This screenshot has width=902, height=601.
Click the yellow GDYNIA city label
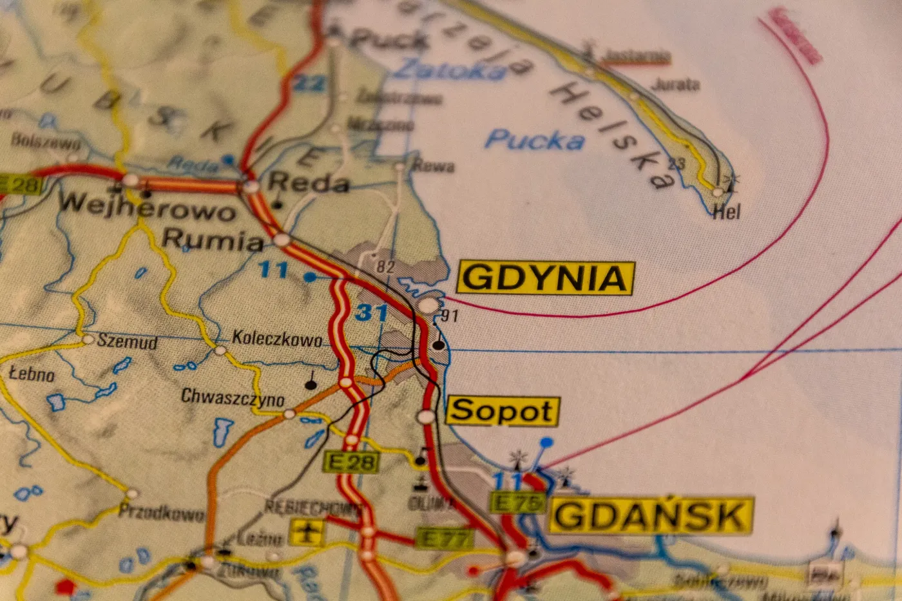coord(545,278)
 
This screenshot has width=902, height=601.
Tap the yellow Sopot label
coord(502,411)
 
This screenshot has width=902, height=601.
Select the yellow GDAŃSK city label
coord(650,515)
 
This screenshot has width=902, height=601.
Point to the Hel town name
coord(727,211)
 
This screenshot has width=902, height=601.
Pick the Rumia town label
coord(213,240)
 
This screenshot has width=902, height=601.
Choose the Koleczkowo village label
coord(277,338)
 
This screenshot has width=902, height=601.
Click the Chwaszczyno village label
coord(233,397)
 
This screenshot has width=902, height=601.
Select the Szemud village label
coord(127,341)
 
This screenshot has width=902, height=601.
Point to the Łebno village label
coord(32,373)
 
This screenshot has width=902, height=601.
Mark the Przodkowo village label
coord(162,513)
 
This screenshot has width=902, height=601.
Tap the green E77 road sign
coord(445,539)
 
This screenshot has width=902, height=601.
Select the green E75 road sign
coord(517,502)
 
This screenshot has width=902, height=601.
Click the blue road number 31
coord(372,313)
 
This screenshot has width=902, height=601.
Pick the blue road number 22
coord(309,83)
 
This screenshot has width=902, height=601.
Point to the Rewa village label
coord(433,166)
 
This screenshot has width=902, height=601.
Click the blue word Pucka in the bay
coord(535,140)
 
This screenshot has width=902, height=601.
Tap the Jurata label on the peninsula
coord(675,84)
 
